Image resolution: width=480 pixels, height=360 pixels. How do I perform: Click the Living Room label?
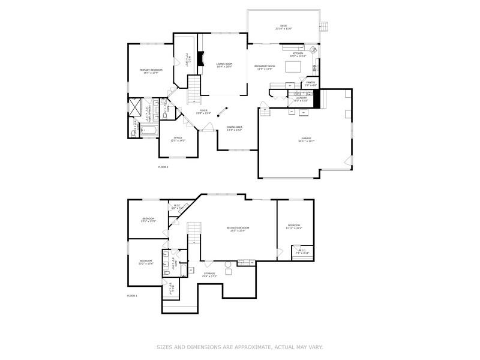tap(224, 64)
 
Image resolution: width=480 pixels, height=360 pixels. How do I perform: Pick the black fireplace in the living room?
tap(203, 61)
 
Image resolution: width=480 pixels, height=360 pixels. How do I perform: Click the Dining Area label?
tap(235, 128)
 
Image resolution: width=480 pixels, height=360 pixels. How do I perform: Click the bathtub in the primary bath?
tap(149, 130)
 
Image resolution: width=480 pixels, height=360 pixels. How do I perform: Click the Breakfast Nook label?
tap(265, 67)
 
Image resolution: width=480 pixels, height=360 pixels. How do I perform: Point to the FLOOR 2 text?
tap(163, 166)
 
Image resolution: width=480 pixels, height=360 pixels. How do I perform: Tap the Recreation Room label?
tap(238, 229)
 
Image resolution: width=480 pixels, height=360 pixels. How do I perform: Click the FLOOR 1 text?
tap(132, 296)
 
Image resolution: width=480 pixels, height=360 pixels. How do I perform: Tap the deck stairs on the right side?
tap(325, 26)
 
